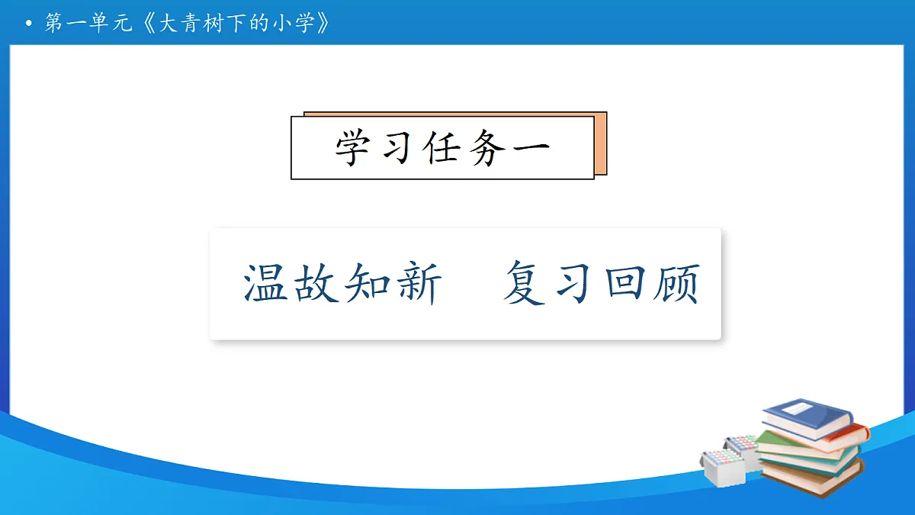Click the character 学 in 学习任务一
(x=355, y=148)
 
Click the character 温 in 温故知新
(x=267, y=283)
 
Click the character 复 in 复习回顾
(x=526, y=283)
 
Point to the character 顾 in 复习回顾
(x=676, y=283)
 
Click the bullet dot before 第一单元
(x=29, y=25)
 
